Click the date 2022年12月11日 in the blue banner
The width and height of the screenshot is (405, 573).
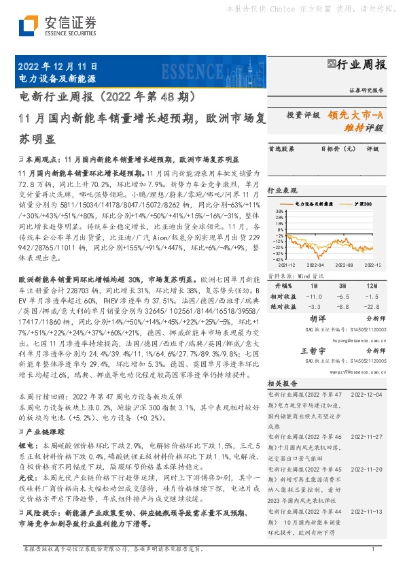click(56, 67)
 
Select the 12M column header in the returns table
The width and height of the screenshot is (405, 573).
click(372, 286)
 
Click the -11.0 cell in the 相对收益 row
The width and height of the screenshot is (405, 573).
click(315, 296)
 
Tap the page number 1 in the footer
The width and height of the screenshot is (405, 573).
click(373, 549)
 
